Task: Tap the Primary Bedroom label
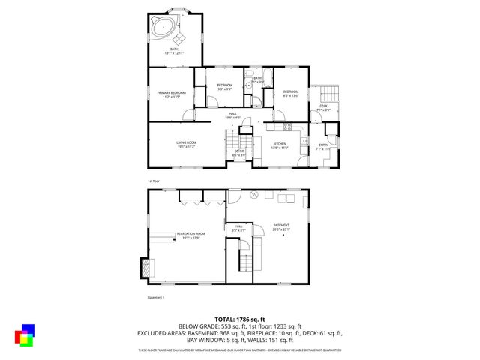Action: click(171, 94)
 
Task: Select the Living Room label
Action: click(186, 145)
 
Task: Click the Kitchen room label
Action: click(279, 146)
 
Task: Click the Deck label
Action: click(323, 107)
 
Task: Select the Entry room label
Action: click(323, 146)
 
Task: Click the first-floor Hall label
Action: click(233, 115)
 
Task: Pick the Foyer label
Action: click(238, 152)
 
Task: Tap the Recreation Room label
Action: click(190, 235)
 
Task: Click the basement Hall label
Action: click(238, 228)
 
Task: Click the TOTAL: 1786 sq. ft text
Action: click(239, 319)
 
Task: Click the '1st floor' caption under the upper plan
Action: click(154, 181)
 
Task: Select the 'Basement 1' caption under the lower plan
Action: click(156, 297)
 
